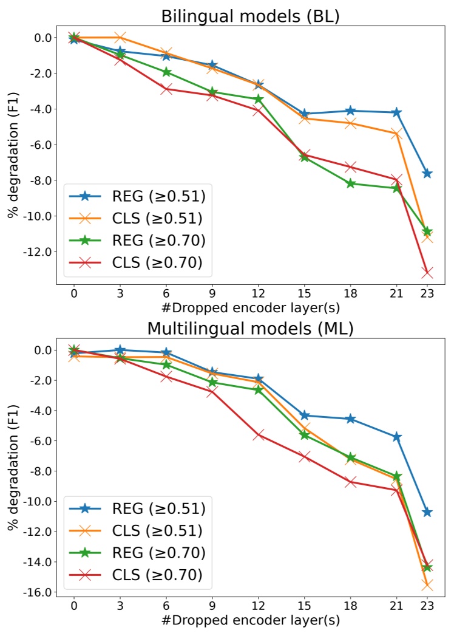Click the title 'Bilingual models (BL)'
coord(250,16)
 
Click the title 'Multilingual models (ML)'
coord(250,329)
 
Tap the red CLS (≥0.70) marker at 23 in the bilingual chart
coord(427,273)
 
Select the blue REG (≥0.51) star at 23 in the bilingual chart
coord(427,173)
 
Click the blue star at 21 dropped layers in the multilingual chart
coord(396,437)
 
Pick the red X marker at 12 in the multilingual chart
coord(259,434)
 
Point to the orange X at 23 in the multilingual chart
coord(427,585)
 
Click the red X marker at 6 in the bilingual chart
coord(166,89)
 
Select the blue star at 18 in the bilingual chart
coord(350,111)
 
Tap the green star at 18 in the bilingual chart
coord(350,183)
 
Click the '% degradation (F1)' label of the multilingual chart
coord(12,471)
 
